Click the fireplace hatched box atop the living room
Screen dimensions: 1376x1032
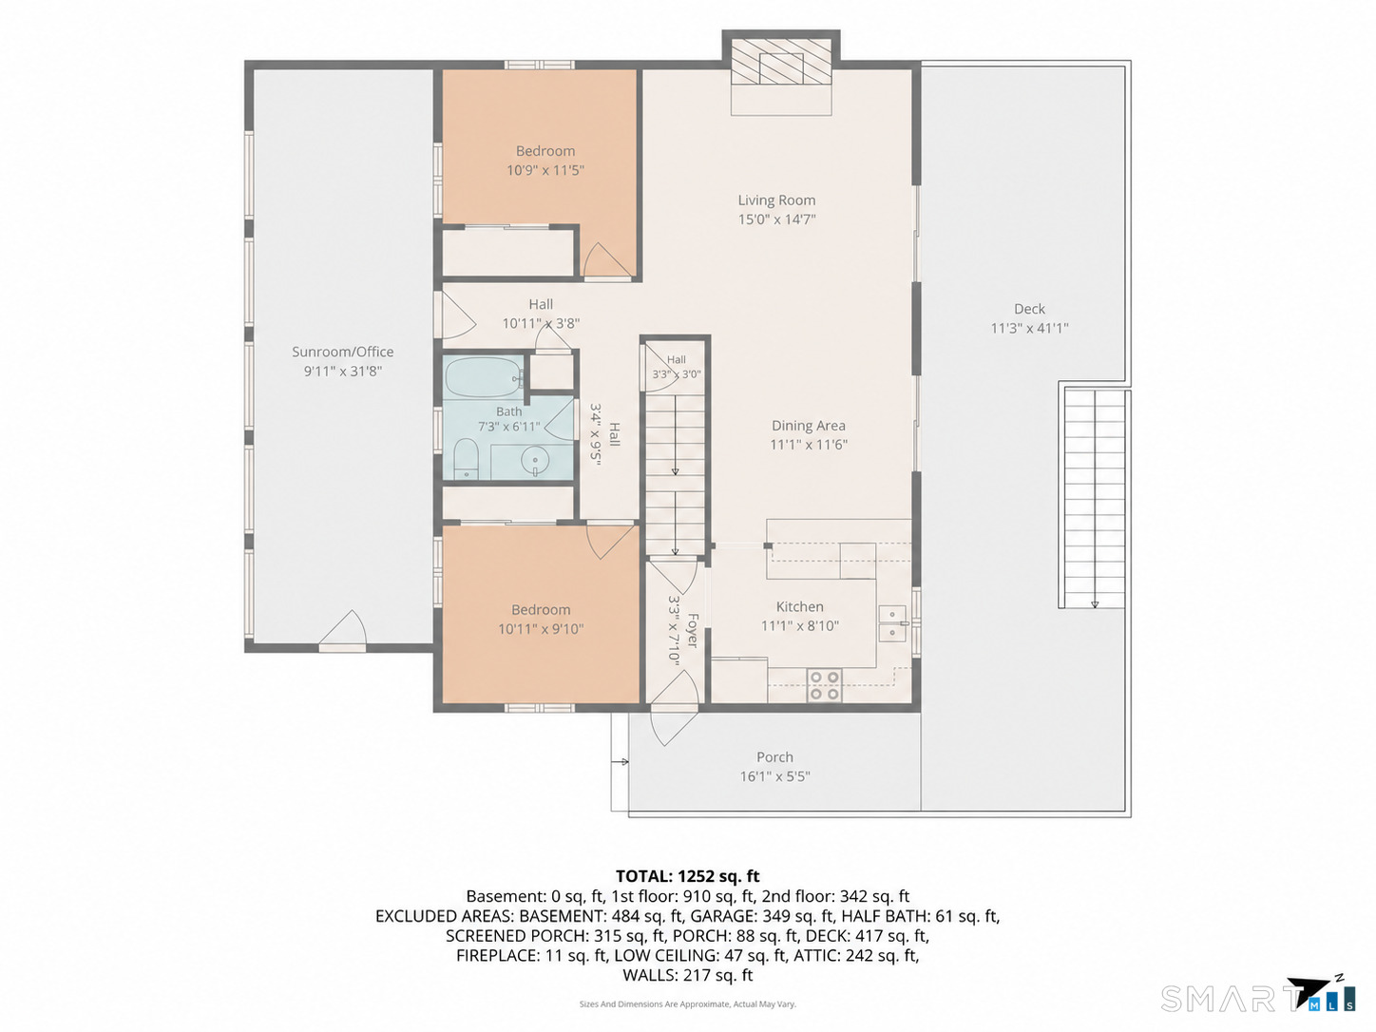coord(781,62)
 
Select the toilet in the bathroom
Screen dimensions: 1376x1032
coord(465,459)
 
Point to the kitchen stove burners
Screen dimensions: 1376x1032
coord(824,685)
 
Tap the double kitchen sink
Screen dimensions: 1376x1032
coord(892,623)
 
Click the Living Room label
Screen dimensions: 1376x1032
coord(776,201)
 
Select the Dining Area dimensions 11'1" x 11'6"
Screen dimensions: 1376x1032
coord(809,445)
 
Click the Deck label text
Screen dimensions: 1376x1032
coord(1029,309)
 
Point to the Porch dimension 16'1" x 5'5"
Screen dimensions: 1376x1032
coord(774,776)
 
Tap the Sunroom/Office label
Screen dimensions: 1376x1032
coord(343,353)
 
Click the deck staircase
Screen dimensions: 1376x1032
coord(1095,498)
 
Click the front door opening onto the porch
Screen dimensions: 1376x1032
coord(674,708)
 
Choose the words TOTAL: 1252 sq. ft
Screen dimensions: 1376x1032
coord(687,876)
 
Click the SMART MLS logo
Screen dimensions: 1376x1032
coord(1258,994)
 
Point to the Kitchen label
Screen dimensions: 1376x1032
coord(800,606)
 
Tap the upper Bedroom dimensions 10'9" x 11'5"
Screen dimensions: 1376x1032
coord(545,170)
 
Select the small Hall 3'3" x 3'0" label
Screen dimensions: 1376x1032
coord(677,367)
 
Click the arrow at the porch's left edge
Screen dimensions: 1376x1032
coord(620,762)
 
